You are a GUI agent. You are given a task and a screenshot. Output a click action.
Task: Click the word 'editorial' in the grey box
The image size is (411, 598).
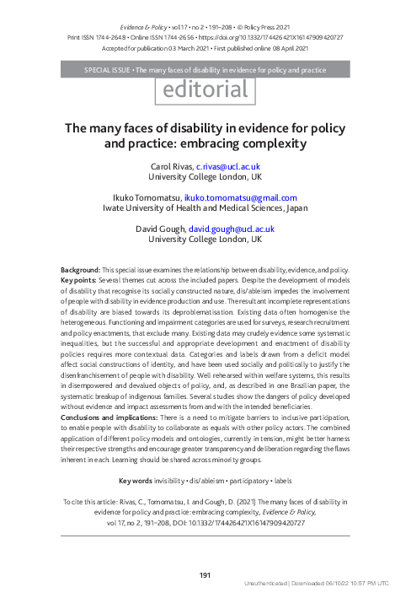(x=205, y=89)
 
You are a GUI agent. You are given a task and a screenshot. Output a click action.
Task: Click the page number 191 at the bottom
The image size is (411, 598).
(x=205, y=574)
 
